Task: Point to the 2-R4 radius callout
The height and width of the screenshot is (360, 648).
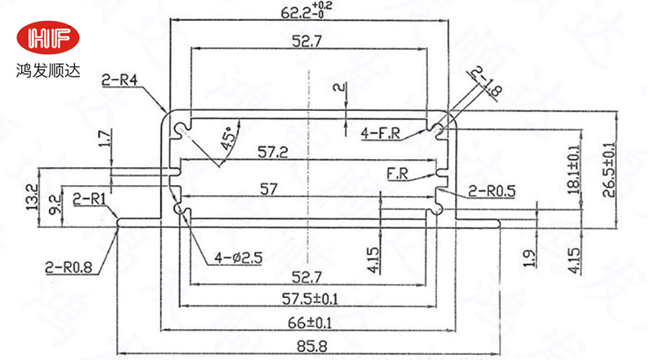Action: (x=120, y=81)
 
